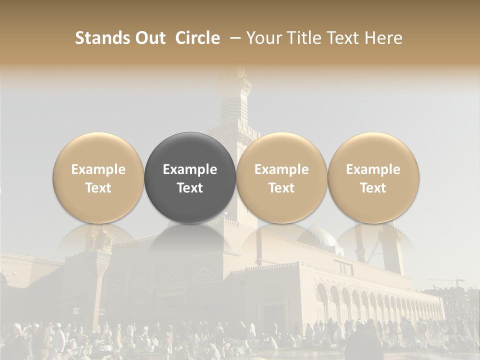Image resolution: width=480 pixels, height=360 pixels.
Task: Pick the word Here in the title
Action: (383, 38)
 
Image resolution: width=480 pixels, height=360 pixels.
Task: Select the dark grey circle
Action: (190, 177)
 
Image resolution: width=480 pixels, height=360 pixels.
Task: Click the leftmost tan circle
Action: (98, 177)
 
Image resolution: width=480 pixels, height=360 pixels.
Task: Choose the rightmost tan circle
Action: (373, 177)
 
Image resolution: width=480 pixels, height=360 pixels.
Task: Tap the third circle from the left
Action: (281, 177)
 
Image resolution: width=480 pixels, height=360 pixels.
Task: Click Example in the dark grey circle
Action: (190, 169)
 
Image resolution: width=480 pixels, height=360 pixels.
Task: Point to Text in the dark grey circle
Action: (190, 188)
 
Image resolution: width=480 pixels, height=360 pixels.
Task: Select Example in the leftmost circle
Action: (98, 169)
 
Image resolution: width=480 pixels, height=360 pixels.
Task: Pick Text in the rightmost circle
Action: (373, 188)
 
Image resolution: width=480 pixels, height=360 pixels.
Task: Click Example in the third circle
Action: (281, 169)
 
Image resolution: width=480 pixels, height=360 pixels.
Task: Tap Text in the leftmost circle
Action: (98, 188)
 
